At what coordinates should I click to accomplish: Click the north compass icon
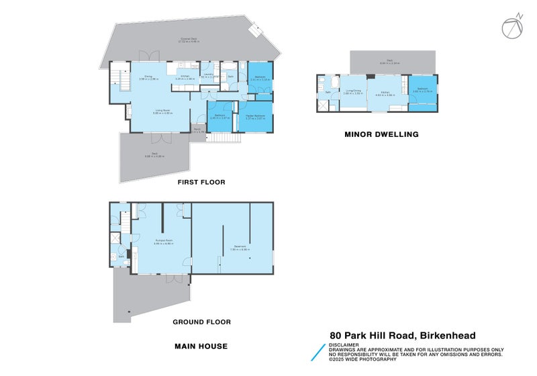511,26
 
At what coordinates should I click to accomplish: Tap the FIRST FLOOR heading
201,182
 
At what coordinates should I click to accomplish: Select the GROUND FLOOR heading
201,322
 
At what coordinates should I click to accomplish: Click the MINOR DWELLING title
381,134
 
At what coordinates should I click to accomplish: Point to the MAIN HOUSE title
201,346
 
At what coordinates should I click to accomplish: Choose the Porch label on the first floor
199,130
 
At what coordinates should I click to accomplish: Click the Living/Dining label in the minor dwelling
353,92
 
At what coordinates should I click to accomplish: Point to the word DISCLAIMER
343,345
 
